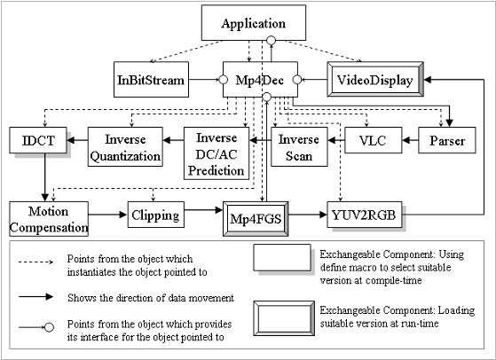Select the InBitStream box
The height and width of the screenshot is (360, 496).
click(x=151, y=81)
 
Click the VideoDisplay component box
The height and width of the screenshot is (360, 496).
click(x=373, y=81)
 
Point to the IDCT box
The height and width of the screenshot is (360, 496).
click(x=33, y=140)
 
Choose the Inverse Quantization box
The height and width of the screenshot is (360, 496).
click(x=126, y=146)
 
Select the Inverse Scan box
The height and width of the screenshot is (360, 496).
click(x=297, y=146)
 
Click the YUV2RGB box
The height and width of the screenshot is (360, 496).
click(x=364, y=215)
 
